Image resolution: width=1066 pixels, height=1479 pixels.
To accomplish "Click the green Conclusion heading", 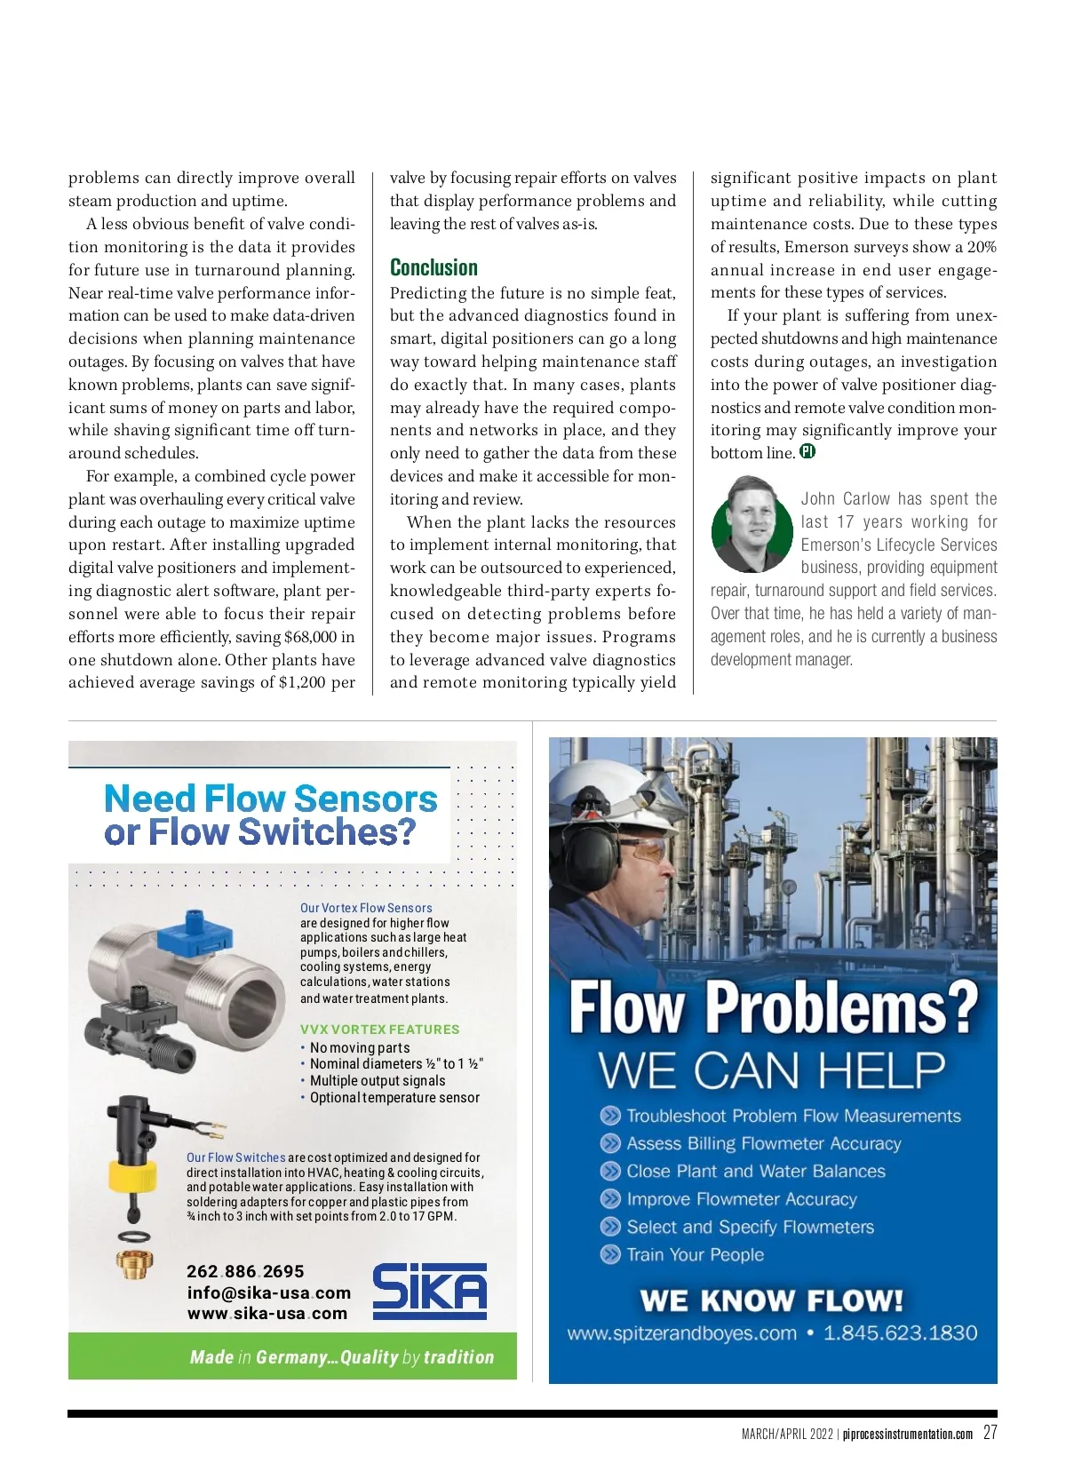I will [434, 267].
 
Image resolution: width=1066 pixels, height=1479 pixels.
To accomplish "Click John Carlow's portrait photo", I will [752, 524].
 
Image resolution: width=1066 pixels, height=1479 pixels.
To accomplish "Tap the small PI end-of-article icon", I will [807, 451].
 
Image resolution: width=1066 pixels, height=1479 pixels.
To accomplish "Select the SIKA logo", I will [429, 1291].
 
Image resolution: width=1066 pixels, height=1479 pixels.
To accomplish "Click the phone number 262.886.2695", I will [245, 1271].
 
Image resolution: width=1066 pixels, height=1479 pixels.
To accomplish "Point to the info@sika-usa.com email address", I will [268, 1292].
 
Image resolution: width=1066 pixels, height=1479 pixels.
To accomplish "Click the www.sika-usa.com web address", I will [266, 1314].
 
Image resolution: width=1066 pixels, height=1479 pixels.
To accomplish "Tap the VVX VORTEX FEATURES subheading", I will [379, 1030].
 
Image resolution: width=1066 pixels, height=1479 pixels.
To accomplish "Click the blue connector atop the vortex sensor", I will [195, 936].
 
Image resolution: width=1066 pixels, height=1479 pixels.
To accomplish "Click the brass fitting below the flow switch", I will [133, 1264].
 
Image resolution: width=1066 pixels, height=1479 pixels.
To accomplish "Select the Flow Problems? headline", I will [772, 1008].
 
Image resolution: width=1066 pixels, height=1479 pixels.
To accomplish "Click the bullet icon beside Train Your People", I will [610, 1254].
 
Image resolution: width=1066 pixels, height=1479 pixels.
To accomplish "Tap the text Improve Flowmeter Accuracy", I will [741, 1199].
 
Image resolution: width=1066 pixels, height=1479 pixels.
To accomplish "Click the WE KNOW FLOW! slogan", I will [771, 1300].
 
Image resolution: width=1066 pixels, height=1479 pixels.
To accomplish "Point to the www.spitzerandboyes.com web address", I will [681, 1333].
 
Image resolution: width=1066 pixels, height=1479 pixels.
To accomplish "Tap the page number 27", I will [990, 1433].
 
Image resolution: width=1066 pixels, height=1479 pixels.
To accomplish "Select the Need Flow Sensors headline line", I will [271, 798].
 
